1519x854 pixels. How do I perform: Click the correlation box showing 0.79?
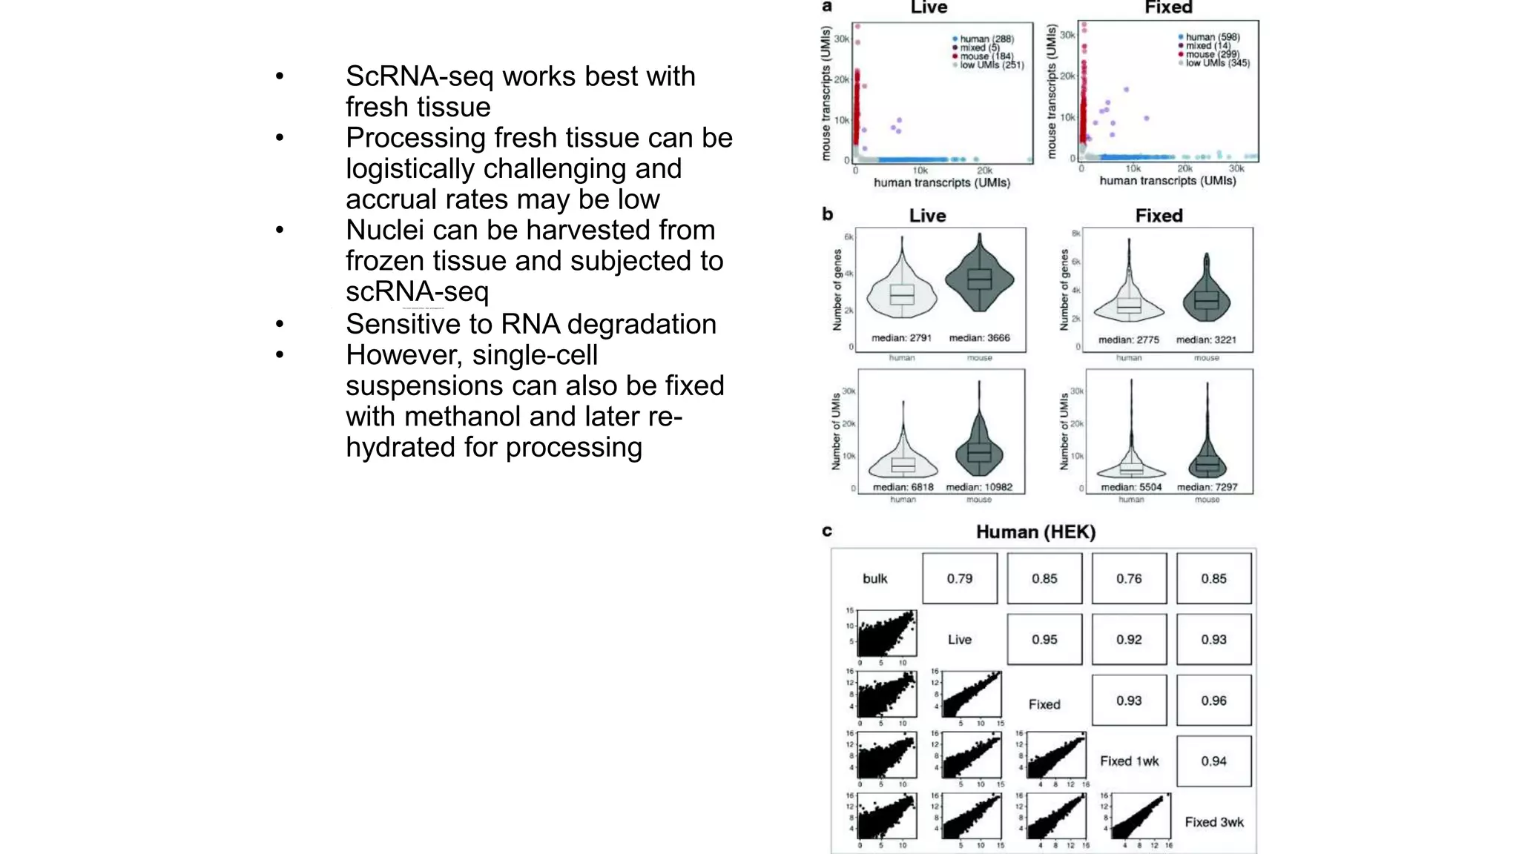(959, 578)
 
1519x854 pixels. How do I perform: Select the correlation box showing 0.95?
(1044, 639)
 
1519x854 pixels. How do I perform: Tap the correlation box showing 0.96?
(1213, 701)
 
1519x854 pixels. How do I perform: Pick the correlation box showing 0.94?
(1213, 761)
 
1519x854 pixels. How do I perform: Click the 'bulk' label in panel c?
(874, 579)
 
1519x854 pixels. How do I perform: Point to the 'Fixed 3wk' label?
(1213, 822)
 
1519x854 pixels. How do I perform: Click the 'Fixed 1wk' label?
(1129, 761)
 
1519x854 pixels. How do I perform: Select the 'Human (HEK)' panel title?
(1035, 532)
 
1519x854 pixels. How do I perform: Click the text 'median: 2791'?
(901, 338)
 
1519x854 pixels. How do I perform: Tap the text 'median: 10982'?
(979, 487)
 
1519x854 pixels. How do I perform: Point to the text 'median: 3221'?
(1206, 340)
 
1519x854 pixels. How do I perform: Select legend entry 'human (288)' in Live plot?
(986, 39)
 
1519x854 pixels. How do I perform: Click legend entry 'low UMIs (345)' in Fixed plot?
(1217, 64)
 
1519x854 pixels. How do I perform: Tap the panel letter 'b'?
(828, 215)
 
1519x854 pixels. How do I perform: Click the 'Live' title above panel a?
(929, 8)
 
